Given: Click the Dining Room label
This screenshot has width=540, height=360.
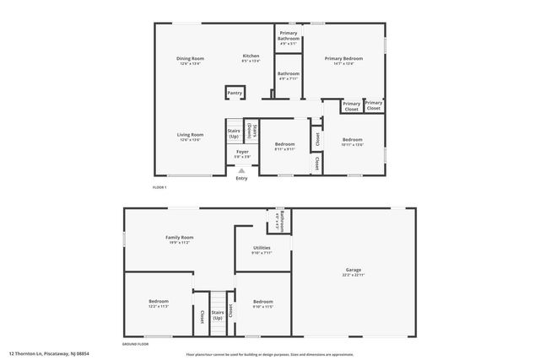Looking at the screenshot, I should (190, 58).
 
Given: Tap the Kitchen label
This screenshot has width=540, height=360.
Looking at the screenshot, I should (251, 56).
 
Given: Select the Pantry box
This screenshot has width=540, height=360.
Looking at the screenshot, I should (235, 93).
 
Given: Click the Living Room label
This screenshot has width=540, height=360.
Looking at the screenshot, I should (190, 134).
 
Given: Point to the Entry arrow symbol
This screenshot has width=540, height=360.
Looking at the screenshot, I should (241, 170).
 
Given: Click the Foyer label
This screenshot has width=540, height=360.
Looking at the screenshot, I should (242, 152).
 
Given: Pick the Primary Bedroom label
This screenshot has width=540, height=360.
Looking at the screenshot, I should (348, 58).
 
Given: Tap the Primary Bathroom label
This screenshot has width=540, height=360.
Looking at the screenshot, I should (289, 36).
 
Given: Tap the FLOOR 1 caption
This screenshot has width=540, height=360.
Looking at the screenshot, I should (159, 186).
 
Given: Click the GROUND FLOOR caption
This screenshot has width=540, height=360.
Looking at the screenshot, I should (135, 345).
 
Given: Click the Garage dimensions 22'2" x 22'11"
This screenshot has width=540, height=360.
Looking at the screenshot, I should (354, 275).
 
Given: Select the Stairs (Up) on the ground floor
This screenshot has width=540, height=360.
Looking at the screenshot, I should (218, 315).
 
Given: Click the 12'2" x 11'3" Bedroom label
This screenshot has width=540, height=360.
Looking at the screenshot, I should (159, 301).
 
